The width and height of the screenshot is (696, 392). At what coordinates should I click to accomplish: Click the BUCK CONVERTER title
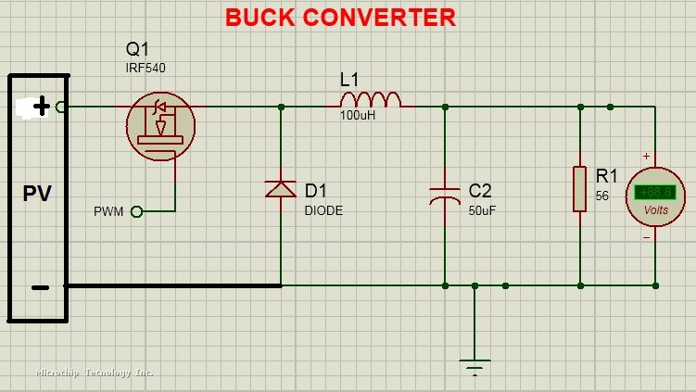coord(340,17)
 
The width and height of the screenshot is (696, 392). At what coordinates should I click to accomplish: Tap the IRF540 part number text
coord(146,68)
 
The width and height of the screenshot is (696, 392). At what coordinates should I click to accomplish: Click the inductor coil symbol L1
coord(371,99)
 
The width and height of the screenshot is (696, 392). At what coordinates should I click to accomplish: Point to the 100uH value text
coord(358,116)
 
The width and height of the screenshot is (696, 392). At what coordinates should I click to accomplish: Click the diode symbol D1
coord(281,189)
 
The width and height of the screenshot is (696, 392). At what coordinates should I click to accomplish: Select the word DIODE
coord(323,210)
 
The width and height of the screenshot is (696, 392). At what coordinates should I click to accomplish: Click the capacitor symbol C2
coord(445,195)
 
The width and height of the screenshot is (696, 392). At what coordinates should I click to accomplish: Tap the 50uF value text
coord(483,210)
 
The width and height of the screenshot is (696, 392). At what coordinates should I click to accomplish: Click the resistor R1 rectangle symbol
coord(579,189)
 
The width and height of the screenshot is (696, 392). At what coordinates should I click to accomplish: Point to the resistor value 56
coord(601,196)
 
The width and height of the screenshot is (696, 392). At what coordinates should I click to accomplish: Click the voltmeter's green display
coord(655,193)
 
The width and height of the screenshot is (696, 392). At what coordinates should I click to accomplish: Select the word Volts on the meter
coord(656,210)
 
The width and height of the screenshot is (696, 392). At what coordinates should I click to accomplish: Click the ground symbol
coord(475,364)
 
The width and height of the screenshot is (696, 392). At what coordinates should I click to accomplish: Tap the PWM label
coord(108,212)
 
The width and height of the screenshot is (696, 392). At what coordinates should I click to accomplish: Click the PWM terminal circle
coord(136,211)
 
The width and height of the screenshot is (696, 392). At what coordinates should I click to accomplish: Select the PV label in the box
coord(37,194)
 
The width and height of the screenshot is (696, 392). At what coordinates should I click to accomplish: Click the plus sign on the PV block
coord(42,107)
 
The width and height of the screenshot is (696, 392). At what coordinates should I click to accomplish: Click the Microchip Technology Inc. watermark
coord(95,373)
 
